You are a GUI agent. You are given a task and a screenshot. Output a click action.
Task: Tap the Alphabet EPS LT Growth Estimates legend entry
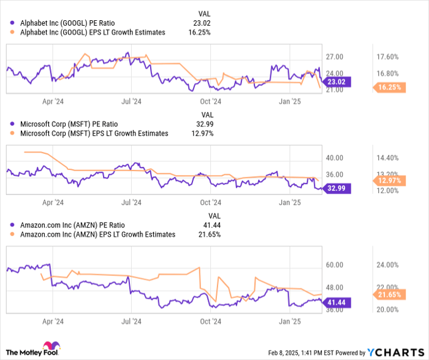pyautogui.click(x=93, y=33)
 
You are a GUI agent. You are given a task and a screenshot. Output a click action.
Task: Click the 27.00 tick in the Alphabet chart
pyautogui.click(x=334, y=57)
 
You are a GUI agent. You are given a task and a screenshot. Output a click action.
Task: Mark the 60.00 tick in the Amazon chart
pyautogui.click(x=334, y=265)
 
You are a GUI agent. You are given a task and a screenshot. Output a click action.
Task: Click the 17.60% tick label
pyautogui.click(x=387, y=57)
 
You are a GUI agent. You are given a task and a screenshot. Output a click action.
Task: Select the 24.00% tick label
pyautogui.click(x=387, y=265)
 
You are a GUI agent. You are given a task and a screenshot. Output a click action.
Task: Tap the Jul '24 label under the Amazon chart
pyautogui.click(x=130, y=321)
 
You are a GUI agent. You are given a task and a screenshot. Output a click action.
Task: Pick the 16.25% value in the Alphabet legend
pyautogui.click(x=200, y=33)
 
